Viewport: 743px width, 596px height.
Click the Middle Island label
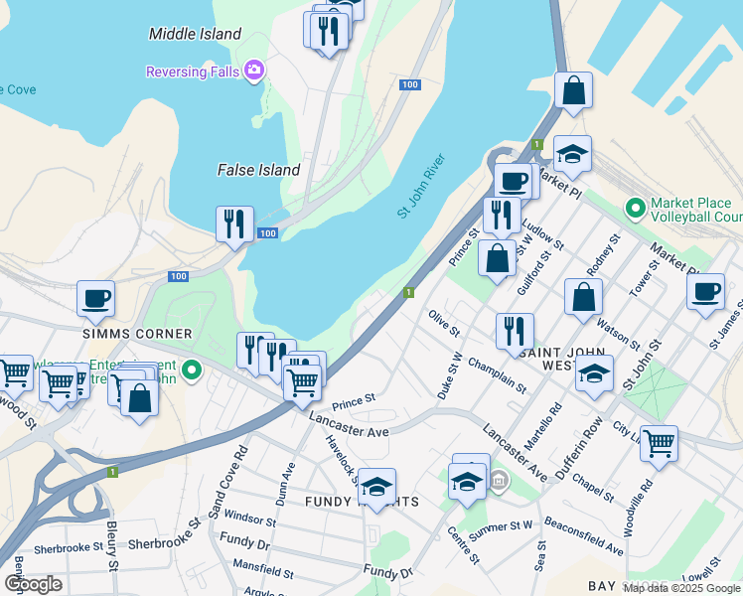195,34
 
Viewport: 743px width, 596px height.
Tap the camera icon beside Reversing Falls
254,70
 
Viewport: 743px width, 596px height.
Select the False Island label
258,170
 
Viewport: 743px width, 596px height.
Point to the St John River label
421,186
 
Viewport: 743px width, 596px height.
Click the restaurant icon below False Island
234,223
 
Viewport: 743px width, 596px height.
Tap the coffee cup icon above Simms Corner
96,298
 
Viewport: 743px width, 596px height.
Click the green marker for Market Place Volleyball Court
634,209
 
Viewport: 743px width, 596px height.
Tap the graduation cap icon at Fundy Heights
377,486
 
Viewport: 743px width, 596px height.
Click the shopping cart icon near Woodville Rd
659,442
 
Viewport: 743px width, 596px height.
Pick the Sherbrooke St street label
68,547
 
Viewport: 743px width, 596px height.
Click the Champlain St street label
497,376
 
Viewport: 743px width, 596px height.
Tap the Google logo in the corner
33,584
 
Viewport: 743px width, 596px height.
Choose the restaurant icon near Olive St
515,331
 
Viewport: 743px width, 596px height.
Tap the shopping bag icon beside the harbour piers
574,90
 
